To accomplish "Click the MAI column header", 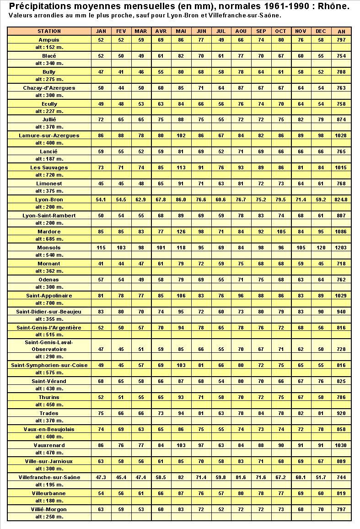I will (181, 31).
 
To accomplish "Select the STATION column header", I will (49, 31).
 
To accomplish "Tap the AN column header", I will (341, 31).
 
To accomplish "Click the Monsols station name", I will (49, 248).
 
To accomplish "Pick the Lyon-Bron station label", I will (49, 200).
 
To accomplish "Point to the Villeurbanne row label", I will (49, 493).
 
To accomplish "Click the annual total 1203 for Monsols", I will (341, 248).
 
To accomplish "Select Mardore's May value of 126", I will (181, 232).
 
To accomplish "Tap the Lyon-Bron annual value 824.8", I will (341, 200).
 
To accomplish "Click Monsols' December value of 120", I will (321, 248).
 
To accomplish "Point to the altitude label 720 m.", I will (49, 175).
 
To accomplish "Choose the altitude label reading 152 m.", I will (49, 47).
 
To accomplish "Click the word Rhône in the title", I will (333, 6).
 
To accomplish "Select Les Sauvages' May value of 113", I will (181, 167).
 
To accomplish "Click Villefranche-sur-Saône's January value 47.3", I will (101, 477).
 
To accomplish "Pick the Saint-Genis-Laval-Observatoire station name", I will (49, 345).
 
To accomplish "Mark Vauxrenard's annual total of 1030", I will (341, 445).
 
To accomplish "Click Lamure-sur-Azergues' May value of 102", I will (181, 135).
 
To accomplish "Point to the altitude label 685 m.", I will (49, 239).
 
